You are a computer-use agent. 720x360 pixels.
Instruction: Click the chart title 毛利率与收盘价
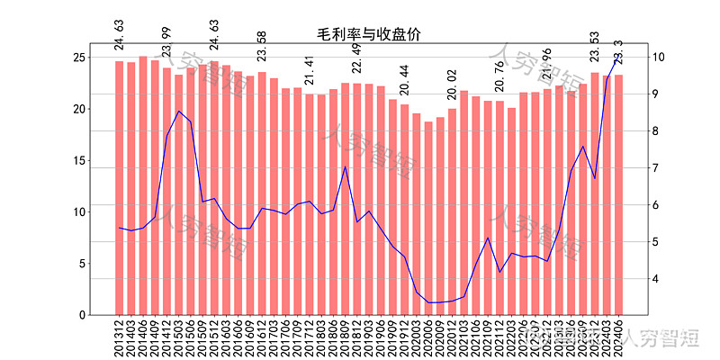(x=369, y=34)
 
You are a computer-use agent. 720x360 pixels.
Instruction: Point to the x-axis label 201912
(x=405, y=338)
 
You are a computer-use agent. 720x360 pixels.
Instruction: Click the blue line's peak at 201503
(x=179, y=112)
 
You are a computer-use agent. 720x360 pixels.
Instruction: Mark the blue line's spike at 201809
(x=346, y=166)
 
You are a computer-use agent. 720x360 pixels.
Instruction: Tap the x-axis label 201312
(x=120, y=338)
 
